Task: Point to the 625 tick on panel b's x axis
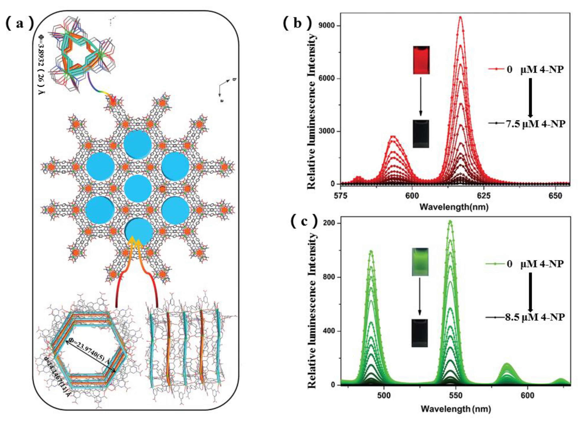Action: click(483, 196)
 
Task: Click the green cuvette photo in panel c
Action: click(420, 262)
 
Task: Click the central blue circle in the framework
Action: click(138, 188)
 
